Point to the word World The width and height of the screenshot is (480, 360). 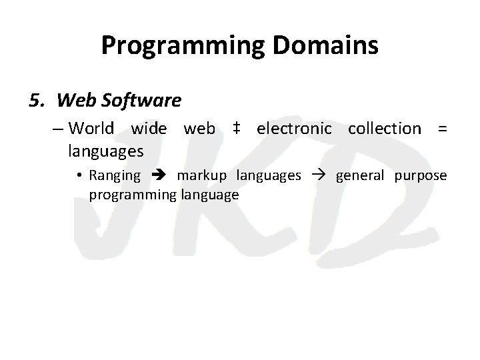(x=91, y=128)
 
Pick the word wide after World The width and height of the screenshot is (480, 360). (x=149, y=128)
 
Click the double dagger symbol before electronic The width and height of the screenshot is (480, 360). (x=236, y=128)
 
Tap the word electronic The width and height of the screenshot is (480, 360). (x=293, y=128)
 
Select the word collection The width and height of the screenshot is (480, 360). (x=385, y=128)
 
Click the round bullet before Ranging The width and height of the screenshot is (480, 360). (x=79, y=176)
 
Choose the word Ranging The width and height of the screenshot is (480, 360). (x=115, y=176)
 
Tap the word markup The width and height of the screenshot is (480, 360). (x=201, y=176)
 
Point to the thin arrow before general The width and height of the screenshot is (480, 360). (x=318, y=176)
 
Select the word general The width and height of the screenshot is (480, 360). (x=360, y=176)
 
